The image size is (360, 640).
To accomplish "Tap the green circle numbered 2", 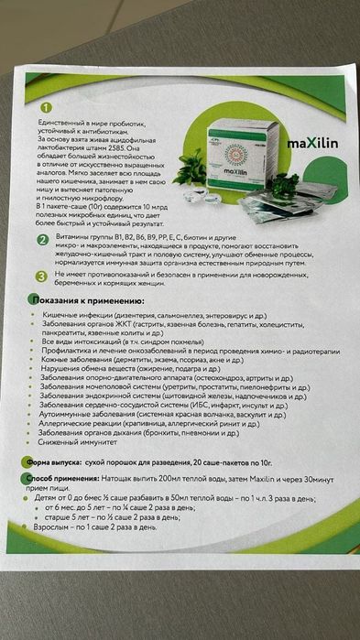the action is [x=42, y=241].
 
